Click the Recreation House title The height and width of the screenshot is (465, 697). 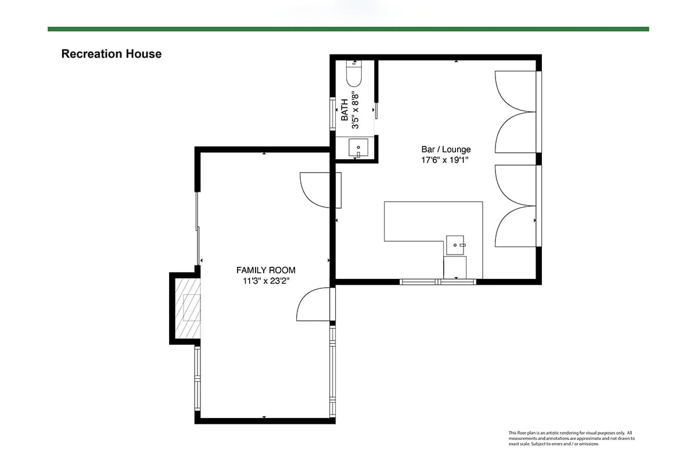[x=112, y=54]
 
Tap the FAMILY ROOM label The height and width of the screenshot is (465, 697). [x=266, y=270]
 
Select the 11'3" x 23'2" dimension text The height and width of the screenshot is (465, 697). [x=266, y=281]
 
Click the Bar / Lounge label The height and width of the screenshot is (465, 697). [x=446, y=149]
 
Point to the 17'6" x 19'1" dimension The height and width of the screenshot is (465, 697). [x=445, y=160]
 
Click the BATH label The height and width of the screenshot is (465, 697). [x=344, y=110]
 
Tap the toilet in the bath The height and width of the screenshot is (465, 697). [x=354, y=73]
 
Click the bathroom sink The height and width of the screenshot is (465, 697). [x=358, y=148]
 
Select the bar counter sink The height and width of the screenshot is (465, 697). [x=455, y=245]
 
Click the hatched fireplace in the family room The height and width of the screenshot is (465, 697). [x=188, y=308]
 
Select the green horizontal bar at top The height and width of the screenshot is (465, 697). [x=348, y=29]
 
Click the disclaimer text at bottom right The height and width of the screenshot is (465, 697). [x=572, y=438]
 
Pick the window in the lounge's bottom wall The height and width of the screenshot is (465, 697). [x=438, y=282]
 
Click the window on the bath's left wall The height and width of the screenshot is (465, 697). [x=332, y=114]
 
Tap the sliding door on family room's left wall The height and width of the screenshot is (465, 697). [x=197, y=229]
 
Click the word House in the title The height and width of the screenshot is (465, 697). [x=143, y=54]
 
